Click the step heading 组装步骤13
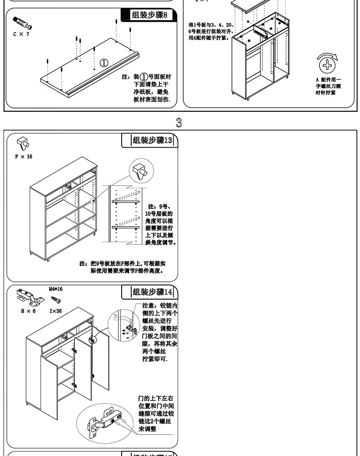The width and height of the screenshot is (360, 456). pos(152,140)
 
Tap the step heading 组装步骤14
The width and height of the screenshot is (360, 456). pos(152,292)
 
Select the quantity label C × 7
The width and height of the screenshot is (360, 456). pos(21,34)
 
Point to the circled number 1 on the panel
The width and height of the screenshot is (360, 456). pos(104,62)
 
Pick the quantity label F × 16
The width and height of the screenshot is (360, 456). pos(24,156)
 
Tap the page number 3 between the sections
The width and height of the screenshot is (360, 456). pos(179,123)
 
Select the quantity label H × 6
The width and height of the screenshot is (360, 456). pos(28,311)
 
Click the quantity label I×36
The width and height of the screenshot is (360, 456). pos(56,311)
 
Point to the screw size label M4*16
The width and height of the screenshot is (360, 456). pos(56,289)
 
